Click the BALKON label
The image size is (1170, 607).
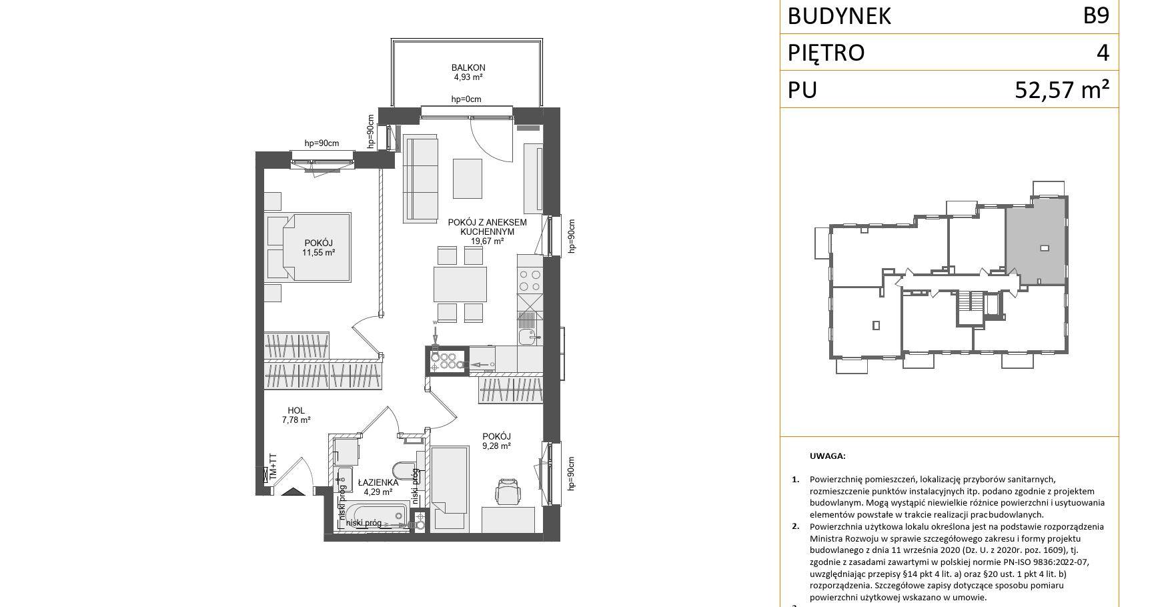[x=468, y=67]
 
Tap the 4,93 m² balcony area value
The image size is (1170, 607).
[x=468, y=77]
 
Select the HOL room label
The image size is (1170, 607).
[x=296, y=411]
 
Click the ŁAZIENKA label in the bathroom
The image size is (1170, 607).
[x=378, y=482]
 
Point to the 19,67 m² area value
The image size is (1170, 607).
[x=487, y=241]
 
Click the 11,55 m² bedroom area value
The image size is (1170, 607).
[x=318, y=253]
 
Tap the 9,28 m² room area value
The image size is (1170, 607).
[x=497, y=446]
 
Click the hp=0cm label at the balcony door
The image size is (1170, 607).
[x=466, y=99]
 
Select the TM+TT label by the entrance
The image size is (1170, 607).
[x=272, y=467]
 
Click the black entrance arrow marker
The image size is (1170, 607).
[x=293, y=492]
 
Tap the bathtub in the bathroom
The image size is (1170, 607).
[x=376, y=517]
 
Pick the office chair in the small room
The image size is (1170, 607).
[x=508, y=491]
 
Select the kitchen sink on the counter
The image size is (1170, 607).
[x=529, y=336]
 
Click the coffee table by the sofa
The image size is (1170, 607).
[x=468, y=178]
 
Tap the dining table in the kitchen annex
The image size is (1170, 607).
[x=460, y=284]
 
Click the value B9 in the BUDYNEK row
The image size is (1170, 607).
[x=1096, y=15]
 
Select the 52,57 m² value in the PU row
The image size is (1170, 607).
[x=1063, y=89]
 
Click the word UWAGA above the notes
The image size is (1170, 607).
[x=827, y=456]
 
